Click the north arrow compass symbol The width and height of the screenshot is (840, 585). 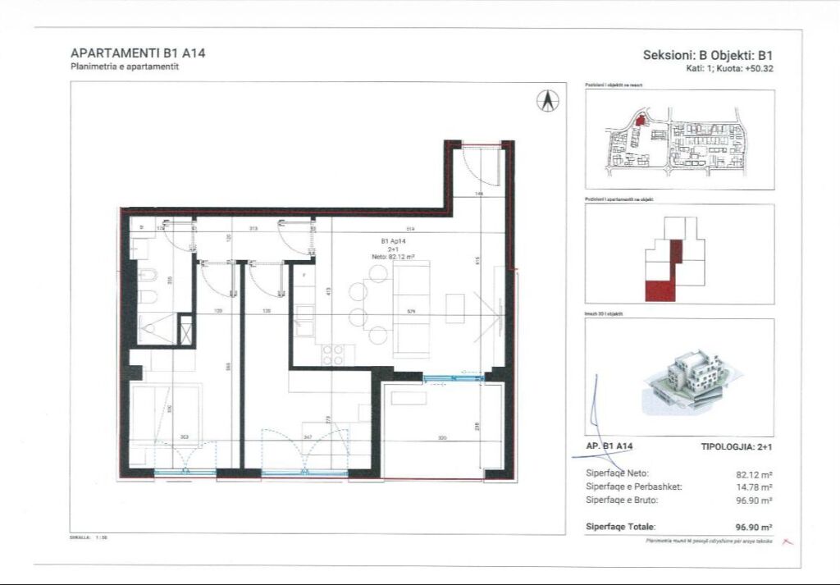click(x=547, y=100)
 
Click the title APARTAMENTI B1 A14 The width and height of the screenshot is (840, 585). click(x=138, y=53)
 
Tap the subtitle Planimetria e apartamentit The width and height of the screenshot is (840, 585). click(x=125, y=67)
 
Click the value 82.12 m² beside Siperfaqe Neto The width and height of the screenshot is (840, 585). click(x=755, y=474)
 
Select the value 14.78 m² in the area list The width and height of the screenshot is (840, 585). click(x=755, y=487)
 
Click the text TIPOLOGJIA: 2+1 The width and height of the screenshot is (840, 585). click(x=737, y=446)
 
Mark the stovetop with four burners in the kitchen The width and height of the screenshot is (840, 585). click(x=333, y=354)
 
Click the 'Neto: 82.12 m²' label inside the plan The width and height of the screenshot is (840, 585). click(x=393, y=257)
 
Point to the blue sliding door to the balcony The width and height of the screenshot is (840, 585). click(x=453, y=378)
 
